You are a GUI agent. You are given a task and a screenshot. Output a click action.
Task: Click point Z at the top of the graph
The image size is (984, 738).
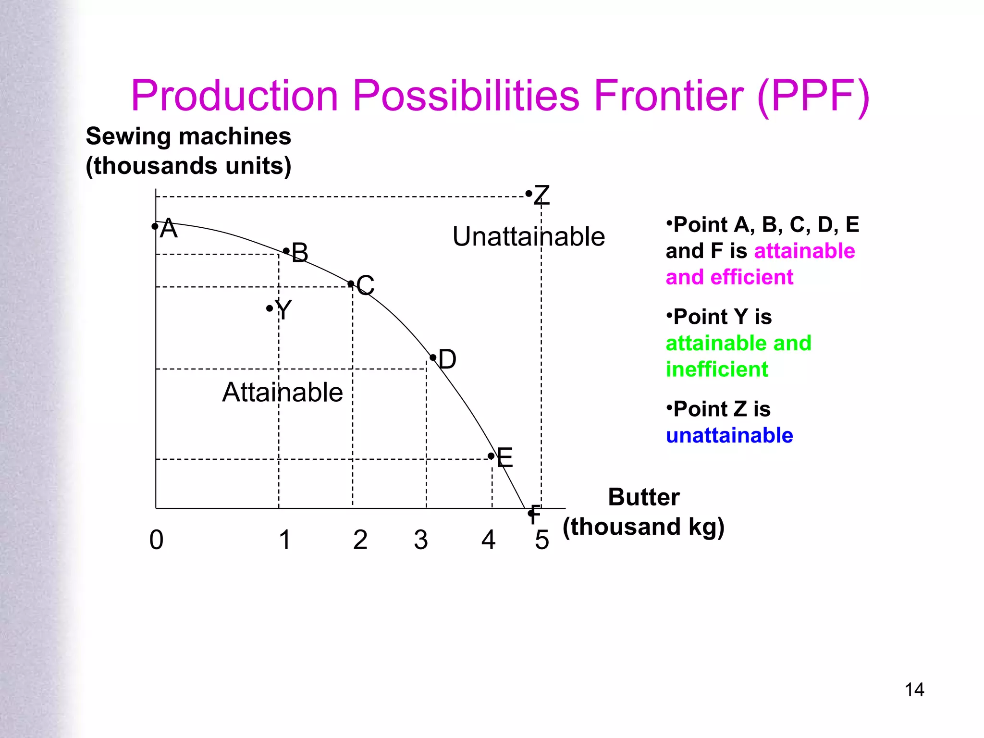point(529,194)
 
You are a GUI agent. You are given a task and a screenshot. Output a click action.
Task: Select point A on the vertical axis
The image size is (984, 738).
point(155,226)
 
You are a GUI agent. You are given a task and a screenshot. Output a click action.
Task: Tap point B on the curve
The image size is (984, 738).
point(287,251)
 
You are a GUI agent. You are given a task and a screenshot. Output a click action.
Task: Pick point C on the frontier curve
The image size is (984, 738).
point(351,284)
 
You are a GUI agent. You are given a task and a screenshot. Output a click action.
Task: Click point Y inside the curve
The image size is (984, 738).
point(270,308)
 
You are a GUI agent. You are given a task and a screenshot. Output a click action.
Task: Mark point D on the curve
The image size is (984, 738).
point(433,358)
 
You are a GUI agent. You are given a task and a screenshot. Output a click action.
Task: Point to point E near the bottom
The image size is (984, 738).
point(492,456)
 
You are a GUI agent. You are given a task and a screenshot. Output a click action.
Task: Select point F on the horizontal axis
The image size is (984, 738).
point(531,513)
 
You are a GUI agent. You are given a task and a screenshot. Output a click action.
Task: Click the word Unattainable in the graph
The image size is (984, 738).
point(529,236)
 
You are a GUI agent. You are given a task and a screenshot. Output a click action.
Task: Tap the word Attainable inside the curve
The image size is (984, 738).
point(283,392)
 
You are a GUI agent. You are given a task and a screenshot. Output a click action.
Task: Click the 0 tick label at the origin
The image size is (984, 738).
point(156,540)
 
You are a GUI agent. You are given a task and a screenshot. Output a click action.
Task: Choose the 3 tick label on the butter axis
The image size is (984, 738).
point(421,540)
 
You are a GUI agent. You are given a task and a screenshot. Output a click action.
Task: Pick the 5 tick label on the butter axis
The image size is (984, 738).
point(542,540)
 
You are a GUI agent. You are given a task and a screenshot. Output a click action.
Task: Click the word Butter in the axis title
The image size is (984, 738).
point(644,497)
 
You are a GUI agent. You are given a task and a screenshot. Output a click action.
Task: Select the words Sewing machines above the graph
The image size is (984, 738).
point(188,136)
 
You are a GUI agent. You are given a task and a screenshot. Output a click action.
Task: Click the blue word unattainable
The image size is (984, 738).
point(729,435)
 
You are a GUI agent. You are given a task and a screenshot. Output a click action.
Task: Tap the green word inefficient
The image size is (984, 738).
point(717,369)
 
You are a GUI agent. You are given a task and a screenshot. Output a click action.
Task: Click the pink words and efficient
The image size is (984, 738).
point(729,277)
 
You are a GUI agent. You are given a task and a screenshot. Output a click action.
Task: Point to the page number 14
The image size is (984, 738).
point(914,689)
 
